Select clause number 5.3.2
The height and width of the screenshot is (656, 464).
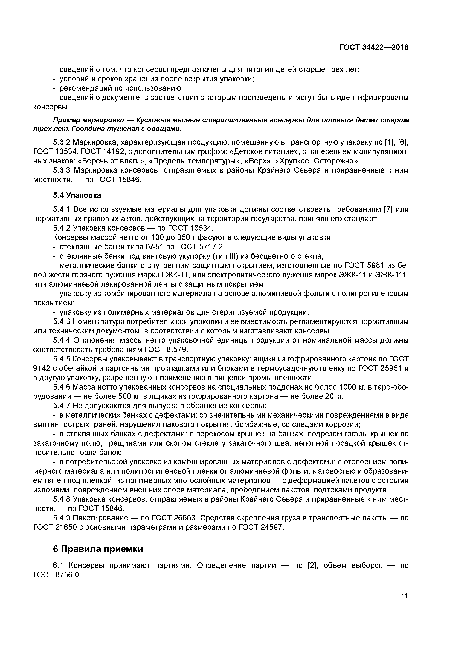click(x=62, y=142)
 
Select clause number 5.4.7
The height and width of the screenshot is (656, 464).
click(x=62, y=406)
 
